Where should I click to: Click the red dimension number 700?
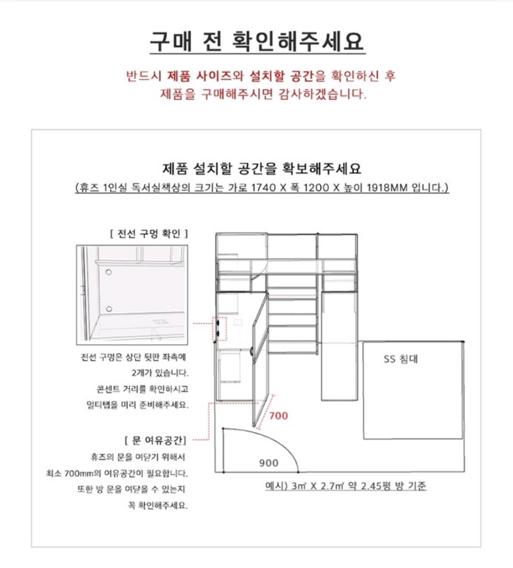pyautogui.click(x=278, y=415)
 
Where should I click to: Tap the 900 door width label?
pyautogui.click(x=268, y=462)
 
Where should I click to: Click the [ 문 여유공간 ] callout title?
pyautogui.click(x=156, y=438)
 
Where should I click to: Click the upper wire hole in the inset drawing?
pyautogui.click(x=108, y=272)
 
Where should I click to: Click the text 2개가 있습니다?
pyautogui.click(x=159, y=373)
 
